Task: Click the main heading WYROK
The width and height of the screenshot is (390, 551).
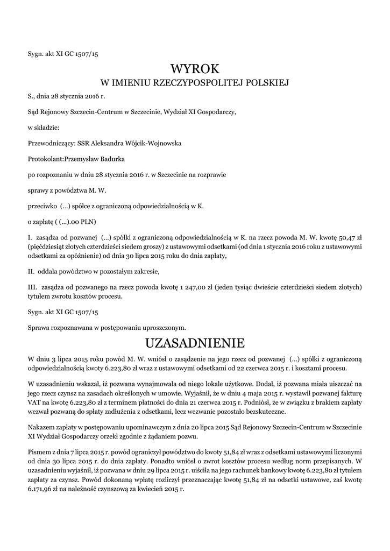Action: click(x=195, y=69)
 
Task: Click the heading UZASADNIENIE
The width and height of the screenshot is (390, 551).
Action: click(x=195, y=343)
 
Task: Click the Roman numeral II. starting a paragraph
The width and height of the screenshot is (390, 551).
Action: click(x=31, y=270)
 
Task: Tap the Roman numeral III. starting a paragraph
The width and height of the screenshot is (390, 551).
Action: click(x=32, y=285)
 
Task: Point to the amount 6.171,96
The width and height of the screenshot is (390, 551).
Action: click(x=41, y=490)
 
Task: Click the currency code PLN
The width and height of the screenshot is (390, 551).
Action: click(x=87, y=221)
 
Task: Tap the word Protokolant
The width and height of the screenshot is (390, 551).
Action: click(x=45, y=159)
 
